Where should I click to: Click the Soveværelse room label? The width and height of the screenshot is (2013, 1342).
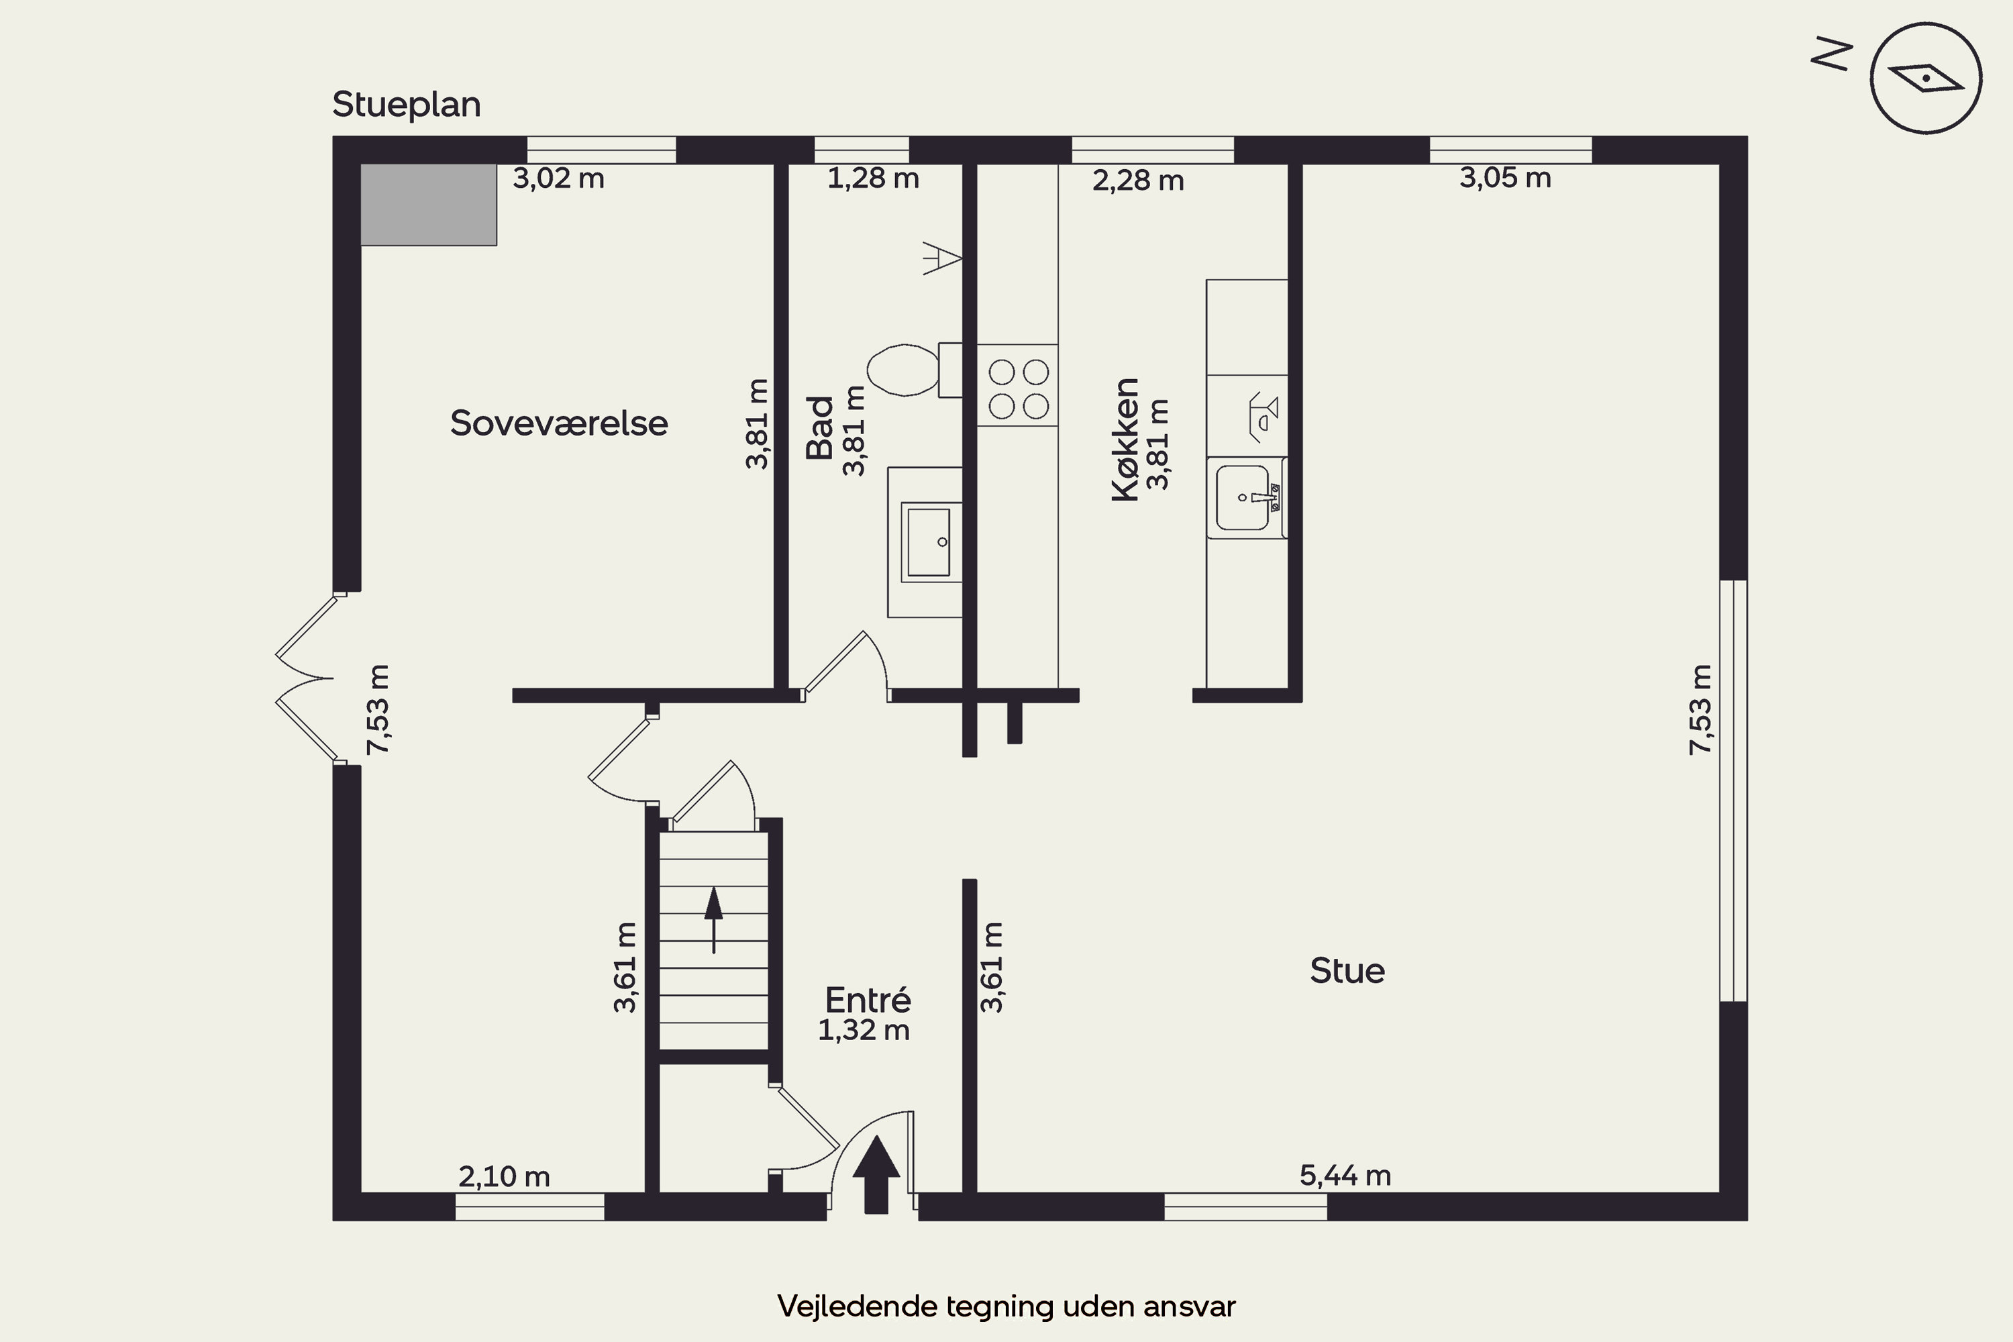(x=559, y=423)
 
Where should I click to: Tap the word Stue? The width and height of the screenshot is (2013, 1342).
(x=1347, y=970)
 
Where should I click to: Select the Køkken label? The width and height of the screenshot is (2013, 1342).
(x=1125, y=440)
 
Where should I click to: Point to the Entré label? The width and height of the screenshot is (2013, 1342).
(x=868, y=999)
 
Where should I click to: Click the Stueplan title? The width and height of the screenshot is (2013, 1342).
(x=407, y=105)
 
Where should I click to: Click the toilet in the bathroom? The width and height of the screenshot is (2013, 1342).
(x=914, y=370)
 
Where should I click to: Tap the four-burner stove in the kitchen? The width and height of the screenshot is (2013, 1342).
(x=1018, y=385)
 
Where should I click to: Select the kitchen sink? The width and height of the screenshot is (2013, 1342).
(x=1247, y=498)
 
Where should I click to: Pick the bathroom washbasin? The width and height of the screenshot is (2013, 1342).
(x=929, y=541)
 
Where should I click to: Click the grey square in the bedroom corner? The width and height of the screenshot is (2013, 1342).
(x=428, y=205)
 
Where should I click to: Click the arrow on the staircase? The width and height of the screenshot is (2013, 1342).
(x=713, y=920)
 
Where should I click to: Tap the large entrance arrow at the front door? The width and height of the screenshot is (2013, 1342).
(x=876, y=1174)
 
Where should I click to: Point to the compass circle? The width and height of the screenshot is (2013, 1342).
(x=1926, y=78)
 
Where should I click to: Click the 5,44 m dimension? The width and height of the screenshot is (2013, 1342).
(x=1345, y=1175)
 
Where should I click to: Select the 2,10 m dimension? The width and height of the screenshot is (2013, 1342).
(x=504, y=1177)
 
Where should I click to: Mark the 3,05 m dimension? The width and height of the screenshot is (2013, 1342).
(x=1506, y=177)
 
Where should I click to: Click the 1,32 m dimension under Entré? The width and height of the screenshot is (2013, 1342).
(x=864, y=1031)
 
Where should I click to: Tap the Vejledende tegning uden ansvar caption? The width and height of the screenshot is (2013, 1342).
(x=1007, y=1306)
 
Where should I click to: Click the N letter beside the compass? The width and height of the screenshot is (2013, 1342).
(x=1833, y=54)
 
